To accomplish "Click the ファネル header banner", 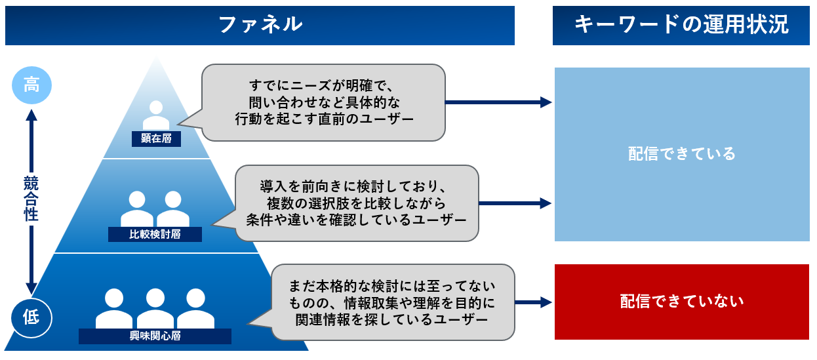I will tap(260, 25).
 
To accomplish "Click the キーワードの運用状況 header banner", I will tap(681, 25).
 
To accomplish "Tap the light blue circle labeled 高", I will tap(31, 85).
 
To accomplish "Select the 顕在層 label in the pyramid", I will tap(156, 138).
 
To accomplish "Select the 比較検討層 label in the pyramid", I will tap(155, 234).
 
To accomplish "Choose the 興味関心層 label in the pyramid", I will tap(155, 336).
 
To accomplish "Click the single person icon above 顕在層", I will tap(156, 115).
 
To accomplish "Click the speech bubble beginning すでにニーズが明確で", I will tap(324, 102).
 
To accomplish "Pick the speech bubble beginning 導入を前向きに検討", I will tap(357, 203).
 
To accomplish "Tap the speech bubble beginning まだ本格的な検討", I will tap(392, 302).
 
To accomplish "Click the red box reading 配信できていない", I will tap(682, 302).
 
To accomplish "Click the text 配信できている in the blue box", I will tap(682, 154).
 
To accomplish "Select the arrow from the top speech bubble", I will tap(498, 102).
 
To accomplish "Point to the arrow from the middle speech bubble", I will tap(515, 203).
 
